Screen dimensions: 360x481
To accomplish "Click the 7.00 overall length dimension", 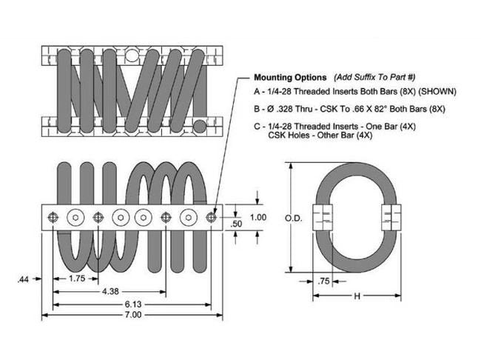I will point(133,315).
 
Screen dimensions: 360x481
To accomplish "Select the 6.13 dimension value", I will point(133,303).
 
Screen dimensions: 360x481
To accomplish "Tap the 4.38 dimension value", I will point(108,291).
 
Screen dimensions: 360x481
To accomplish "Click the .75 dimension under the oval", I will point(323,281).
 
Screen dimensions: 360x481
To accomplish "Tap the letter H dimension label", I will point(357,296).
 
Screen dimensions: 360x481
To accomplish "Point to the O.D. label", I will point(292,219).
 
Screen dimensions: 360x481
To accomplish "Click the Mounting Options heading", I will point(290,77).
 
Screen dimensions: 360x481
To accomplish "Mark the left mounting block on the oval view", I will point(323,217).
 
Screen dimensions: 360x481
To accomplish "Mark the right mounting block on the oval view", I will point(391,217).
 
